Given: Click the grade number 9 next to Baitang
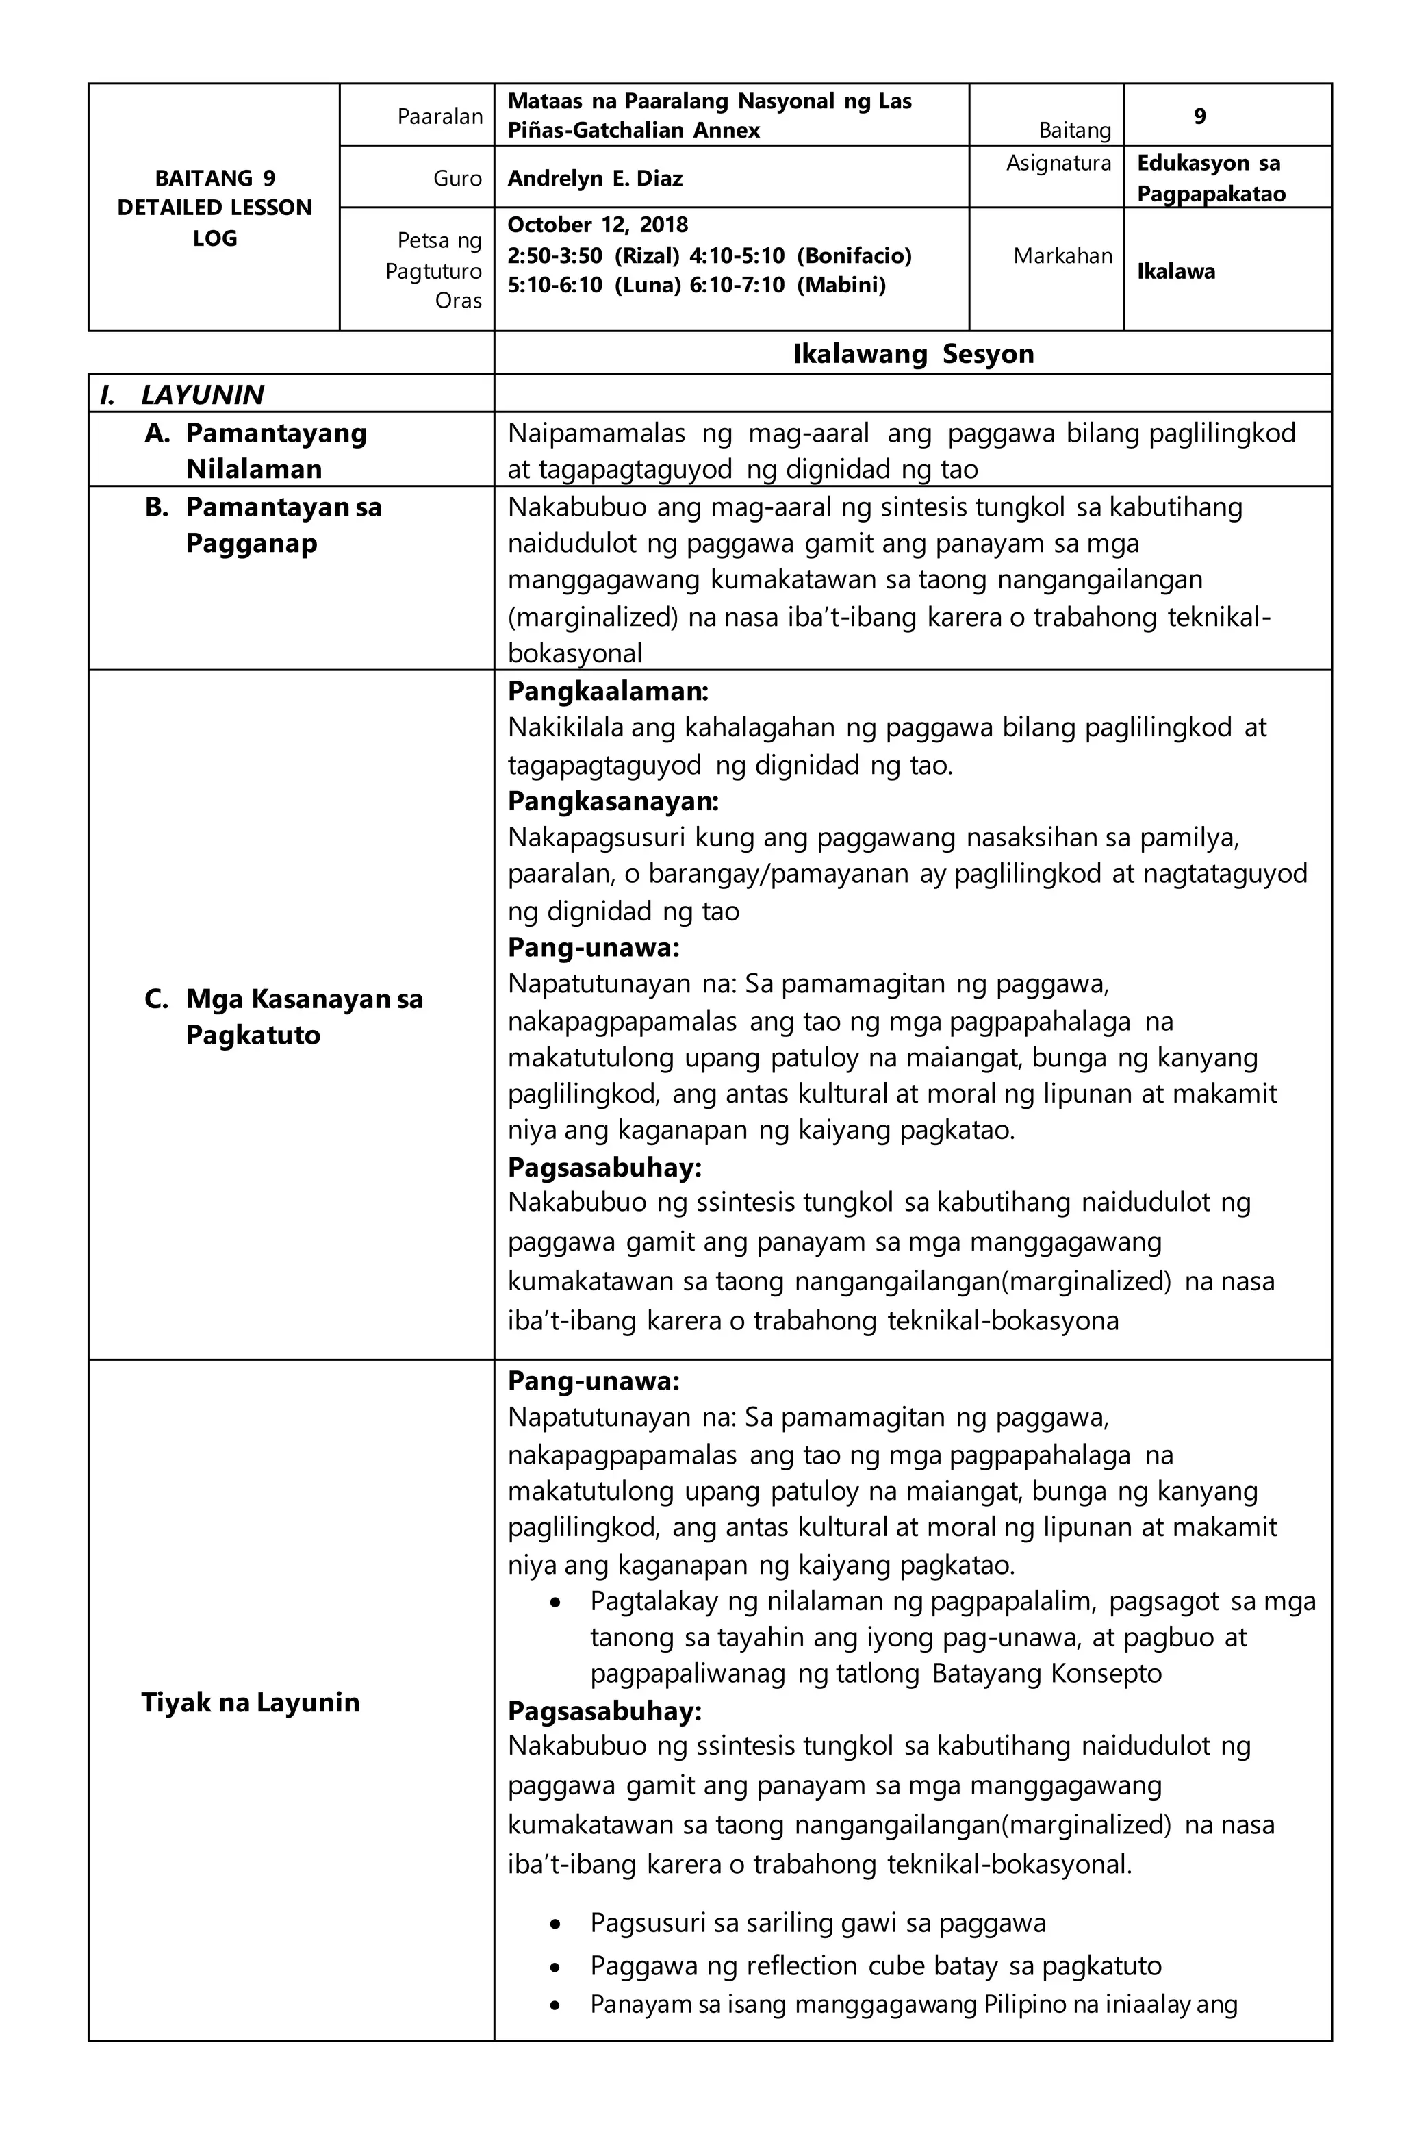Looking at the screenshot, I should coord(1199,116).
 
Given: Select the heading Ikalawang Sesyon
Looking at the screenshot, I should coord(912,353).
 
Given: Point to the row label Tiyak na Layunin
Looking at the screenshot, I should coord(250,1702).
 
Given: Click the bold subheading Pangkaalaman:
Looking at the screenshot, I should coord(607,691).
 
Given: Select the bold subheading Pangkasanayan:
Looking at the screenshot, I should coord(613,801).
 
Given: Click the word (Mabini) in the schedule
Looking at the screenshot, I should coord(840,286).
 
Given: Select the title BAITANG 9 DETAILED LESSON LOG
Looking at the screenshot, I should coord(214,208).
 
